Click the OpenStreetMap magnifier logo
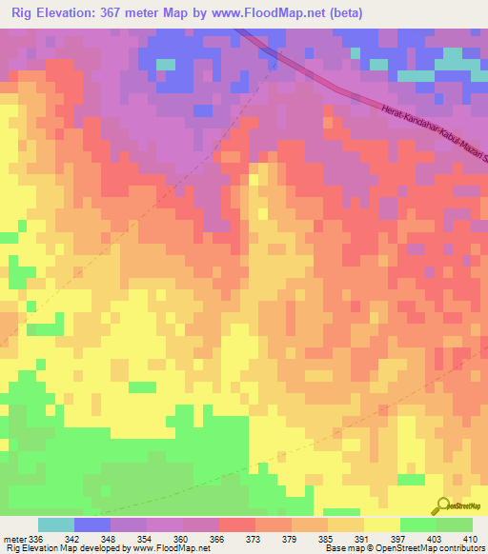pyautogui.click(x=444, y=505)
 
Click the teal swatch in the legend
pyautogui.click(x=56, y=524)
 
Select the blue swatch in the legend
pyautogui.click(x=92, y=524)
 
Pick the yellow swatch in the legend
pyautogui.click(x=381, y=524)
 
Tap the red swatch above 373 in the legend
pyautogui.click(x=237, y=524)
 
